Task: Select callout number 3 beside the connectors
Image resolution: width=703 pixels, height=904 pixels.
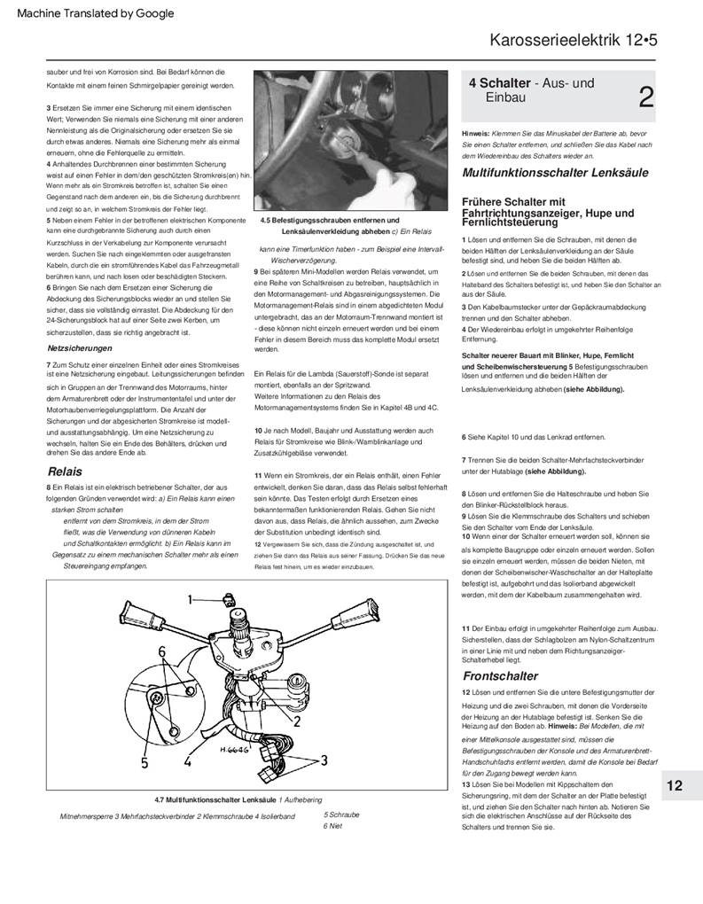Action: pos(324,760)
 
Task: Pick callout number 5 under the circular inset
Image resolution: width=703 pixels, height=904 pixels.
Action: pos(144,761)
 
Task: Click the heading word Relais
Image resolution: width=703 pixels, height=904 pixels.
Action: pos(66,471)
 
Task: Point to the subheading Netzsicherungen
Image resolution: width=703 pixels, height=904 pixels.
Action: pos(79,349)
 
